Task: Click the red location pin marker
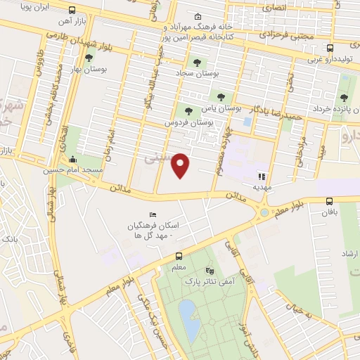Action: point(181,165)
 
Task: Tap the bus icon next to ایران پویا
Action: point(72,11)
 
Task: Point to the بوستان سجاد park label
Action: point(214,73)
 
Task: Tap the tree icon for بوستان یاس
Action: point(220,98)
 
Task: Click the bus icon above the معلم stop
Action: point(179,257)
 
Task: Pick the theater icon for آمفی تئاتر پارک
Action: point(209,270)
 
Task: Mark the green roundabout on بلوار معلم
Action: point(264,212)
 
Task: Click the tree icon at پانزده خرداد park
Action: point(344,98)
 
